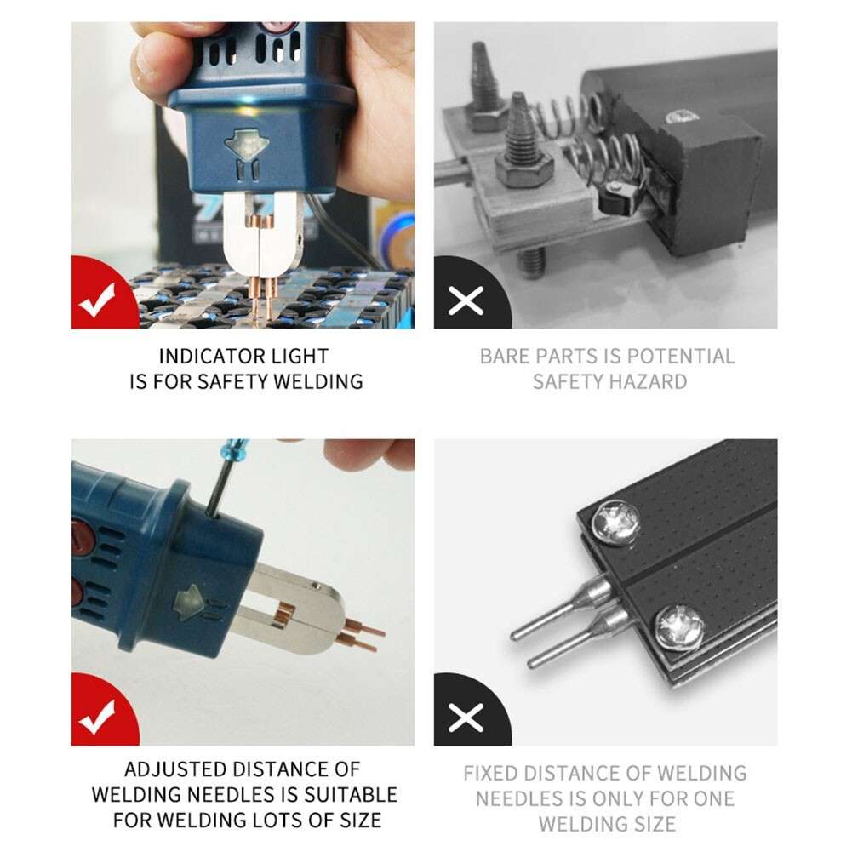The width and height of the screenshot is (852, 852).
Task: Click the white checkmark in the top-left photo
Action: coord(97,300)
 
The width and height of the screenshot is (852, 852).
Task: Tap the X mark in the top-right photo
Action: coord(466,301)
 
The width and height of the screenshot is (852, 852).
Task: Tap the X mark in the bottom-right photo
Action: coord(466,718)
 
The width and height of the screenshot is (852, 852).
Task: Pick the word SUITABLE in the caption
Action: coord(351,794)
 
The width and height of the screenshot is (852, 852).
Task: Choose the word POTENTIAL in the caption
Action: coord(681,357)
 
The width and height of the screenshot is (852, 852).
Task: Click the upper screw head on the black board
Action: coord(615,522)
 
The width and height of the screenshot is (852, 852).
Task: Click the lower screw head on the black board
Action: coord(679,628)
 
